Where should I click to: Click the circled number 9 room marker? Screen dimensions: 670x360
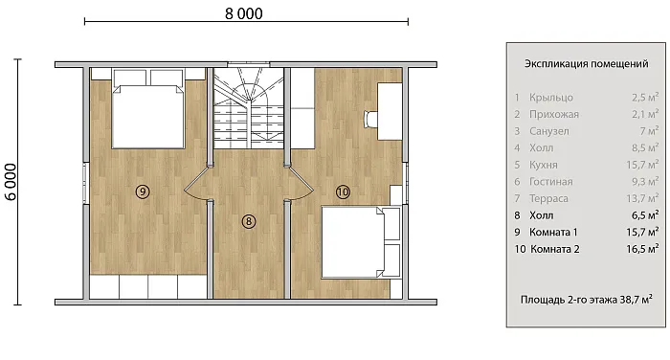coord(143,191)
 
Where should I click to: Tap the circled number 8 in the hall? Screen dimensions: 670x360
coord(248,221)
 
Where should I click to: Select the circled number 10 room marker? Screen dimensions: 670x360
coord(343,192)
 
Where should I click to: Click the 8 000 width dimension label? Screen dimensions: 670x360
coord(244,13)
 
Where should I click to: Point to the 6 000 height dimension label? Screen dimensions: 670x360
coord(11,182)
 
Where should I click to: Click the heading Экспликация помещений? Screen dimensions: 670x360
coord(586,64)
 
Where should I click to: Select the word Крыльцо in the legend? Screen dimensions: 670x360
coord(551,98)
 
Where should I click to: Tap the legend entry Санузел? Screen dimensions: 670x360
coord(549,131)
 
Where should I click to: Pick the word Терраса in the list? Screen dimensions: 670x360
coord(548,198)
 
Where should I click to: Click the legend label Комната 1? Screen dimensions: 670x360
coord(553,232)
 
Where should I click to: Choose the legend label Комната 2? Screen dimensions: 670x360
coord(554,249)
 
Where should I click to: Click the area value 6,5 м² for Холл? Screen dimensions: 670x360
coord(645,215)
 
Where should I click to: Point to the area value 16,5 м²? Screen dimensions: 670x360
coord(642,249)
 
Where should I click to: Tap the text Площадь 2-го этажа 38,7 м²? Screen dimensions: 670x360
coord(586,300)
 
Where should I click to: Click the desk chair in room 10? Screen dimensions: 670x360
coord(370,119)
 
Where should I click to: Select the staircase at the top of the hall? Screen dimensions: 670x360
coord(249,108)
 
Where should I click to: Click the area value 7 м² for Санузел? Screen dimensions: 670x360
coord(649,131)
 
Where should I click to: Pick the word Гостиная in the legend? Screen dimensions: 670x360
coord(550,182)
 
